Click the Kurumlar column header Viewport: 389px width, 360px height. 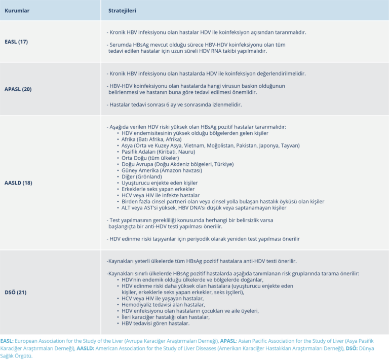[17, 10]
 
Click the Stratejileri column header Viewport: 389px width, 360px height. [122, 10]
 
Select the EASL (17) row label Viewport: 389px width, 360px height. [16, 42]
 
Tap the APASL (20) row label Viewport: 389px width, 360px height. [18, 89]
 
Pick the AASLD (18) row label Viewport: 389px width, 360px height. [18, 183]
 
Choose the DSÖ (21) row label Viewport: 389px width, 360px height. [16, 292]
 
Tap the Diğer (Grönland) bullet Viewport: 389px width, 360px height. [143, 176]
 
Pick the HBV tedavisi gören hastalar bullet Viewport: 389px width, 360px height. [155, 323]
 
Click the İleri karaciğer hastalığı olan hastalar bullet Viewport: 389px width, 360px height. [165, 317]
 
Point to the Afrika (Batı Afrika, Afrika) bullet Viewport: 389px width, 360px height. [151, 139]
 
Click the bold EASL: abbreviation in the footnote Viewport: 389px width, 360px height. [8, 341]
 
